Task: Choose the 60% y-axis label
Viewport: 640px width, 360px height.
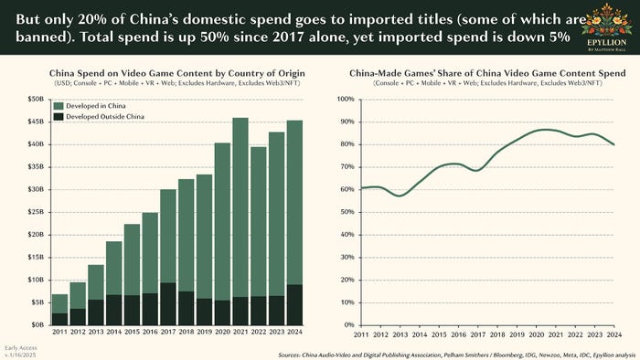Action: click(344, 189)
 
